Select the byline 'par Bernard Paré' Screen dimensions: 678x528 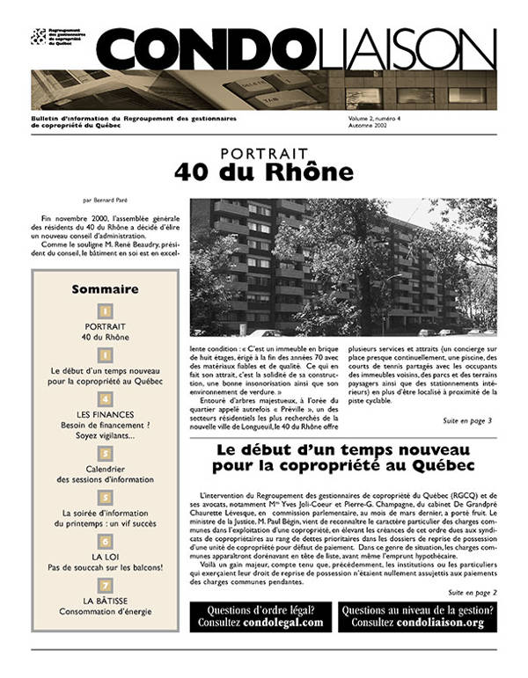[x=105, y=200]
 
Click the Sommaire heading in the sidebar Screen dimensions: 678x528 [x=105, y=288]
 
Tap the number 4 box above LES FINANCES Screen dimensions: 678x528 [x=105, y=400]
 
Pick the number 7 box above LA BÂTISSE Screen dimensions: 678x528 [x=105, y=585]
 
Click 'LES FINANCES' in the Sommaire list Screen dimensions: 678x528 [x=105, y=415]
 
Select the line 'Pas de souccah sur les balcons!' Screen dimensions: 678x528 [x=105, y=567]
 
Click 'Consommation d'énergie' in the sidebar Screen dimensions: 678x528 [x=105, y=611]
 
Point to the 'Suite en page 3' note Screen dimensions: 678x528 [x=466, y=420]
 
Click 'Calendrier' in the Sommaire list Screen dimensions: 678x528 [x=105, y=468]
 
